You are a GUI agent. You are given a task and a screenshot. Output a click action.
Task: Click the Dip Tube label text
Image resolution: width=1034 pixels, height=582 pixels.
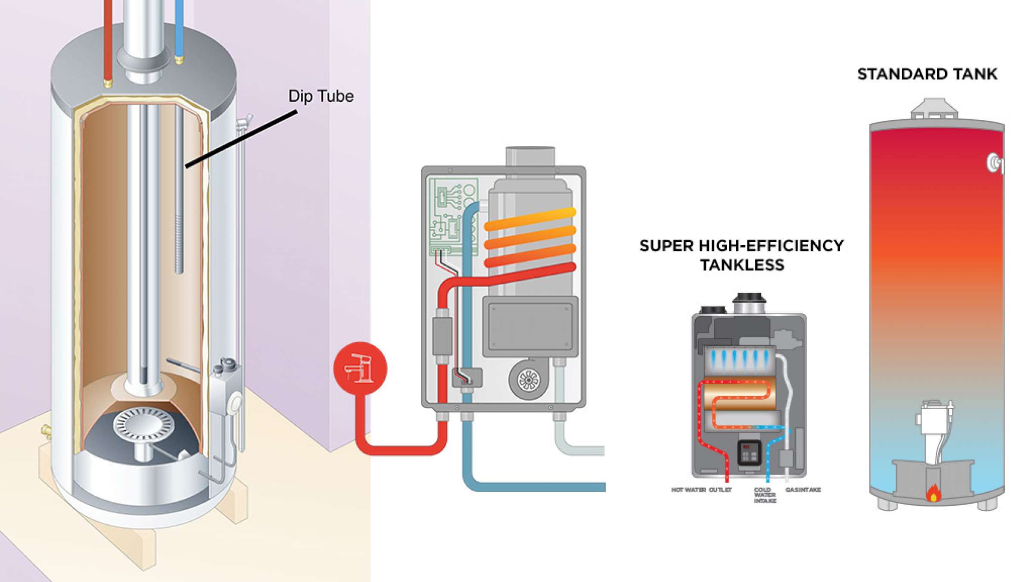coord(321,96)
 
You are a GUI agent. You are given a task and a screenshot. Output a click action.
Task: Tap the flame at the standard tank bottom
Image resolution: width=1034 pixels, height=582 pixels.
coord(933,493)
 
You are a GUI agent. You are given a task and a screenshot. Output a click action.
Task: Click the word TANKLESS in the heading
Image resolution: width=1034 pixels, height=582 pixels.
coord(742,265)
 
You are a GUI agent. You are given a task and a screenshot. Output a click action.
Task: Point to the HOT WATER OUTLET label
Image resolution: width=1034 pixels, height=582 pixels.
coord(701,490)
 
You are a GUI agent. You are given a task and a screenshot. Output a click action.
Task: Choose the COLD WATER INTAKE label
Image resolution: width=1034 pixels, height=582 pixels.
coord(765,495)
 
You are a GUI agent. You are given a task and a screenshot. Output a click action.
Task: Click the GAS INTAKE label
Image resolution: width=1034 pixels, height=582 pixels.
coord(803,490)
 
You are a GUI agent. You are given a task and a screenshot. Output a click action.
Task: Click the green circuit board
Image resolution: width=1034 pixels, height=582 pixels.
coord(452,216)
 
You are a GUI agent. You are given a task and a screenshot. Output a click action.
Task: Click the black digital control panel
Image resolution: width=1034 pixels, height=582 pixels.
coord(749,452)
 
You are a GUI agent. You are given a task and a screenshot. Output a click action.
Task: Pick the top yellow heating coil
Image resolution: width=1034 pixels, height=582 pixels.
coord(530,218)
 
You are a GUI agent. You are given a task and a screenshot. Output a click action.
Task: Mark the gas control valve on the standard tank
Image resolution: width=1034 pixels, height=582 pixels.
coord(933,420)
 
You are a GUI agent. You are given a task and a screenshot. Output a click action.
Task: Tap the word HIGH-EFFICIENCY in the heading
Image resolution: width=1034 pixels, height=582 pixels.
coord(771,246)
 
